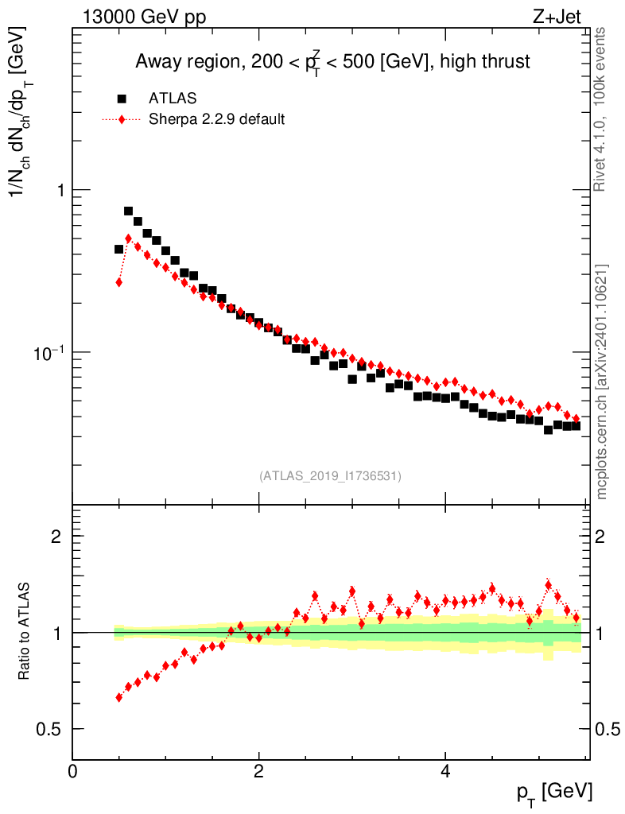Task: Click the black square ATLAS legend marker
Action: coord(122,99)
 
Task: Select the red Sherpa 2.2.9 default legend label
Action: coord(216,120)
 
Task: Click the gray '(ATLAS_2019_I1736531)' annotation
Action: coord(330,476)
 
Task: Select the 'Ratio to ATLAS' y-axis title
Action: coord(25,632)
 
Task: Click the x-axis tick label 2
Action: coord(259,770)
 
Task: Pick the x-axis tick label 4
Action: coord(445,770)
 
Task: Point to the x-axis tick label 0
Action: coord(73,770)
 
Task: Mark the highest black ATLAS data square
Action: coord(128,211)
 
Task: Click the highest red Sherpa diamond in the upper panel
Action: coord(128,238)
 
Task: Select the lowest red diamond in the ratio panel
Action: coord(119,697)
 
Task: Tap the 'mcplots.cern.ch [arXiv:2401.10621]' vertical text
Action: coord(602,382)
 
